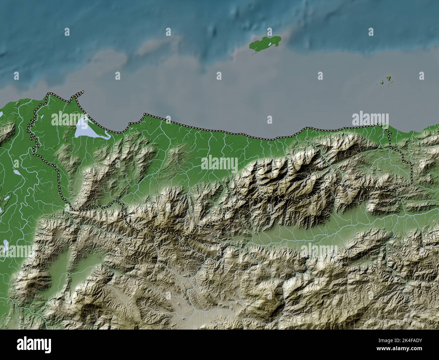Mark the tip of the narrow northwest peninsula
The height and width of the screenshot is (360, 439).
tap(83, 91)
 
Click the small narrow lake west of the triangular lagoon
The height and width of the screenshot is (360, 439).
tap(16, 172)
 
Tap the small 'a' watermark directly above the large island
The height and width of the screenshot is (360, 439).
tap(168, 32)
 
